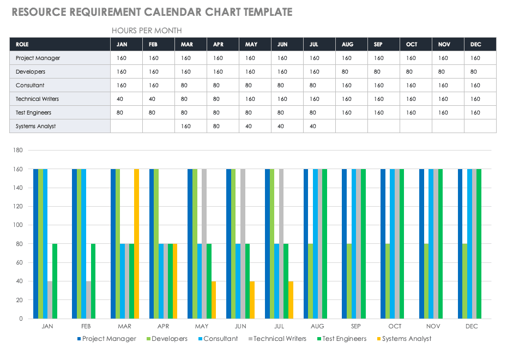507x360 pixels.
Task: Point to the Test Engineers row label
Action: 33,112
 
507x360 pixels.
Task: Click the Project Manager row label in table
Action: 38,58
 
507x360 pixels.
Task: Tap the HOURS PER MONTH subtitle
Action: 147,31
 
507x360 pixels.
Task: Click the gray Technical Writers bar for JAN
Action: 50,299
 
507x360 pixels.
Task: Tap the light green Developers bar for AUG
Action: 311,281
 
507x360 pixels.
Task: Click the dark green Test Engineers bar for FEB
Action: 93,281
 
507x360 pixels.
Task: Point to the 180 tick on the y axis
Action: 17,150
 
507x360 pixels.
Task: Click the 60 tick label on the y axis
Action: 19,262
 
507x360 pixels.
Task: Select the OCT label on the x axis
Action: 395,326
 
